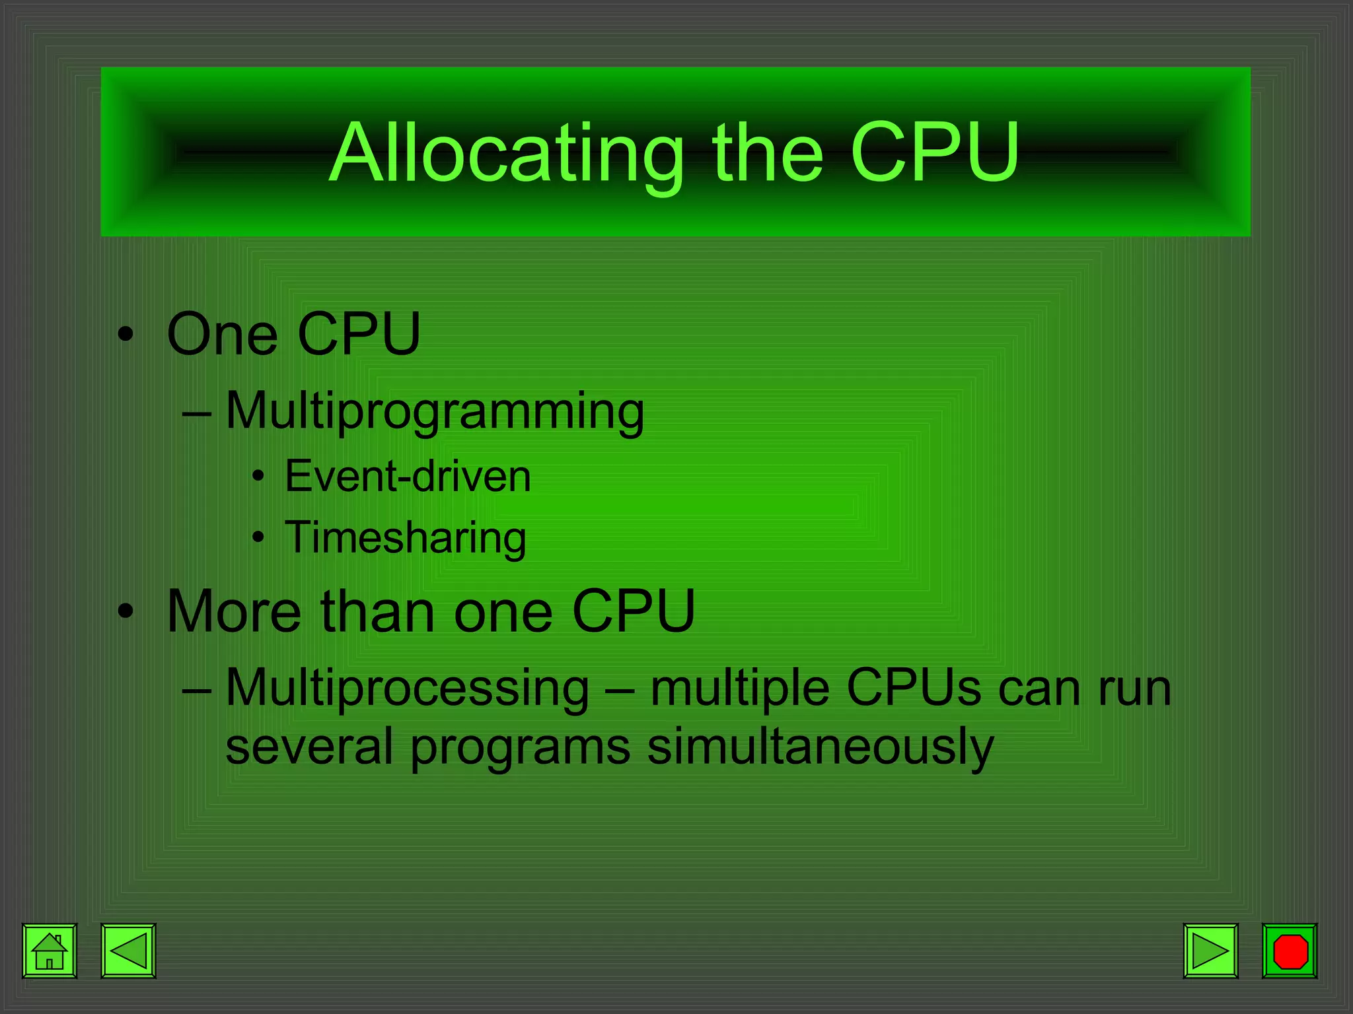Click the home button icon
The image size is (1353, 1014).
pos(50,951)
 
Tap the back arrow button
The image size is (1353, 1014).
pos(128,951)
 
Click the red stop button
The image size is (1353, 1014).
pos(1290,951)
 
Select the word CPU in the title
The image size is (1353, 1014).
pos(934,152)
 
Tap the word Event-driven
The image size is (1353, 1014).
pos(408,476)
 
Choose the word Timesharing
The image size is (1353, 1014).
pos(406,537)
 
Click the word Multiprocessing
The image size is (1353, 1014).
pos(408,688)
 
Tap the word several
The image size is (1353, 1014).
pos(309,747)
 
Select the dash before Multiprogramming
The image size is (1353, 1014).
pos(197,414)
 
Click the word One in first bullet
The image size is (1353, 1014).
pos(222,334)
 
